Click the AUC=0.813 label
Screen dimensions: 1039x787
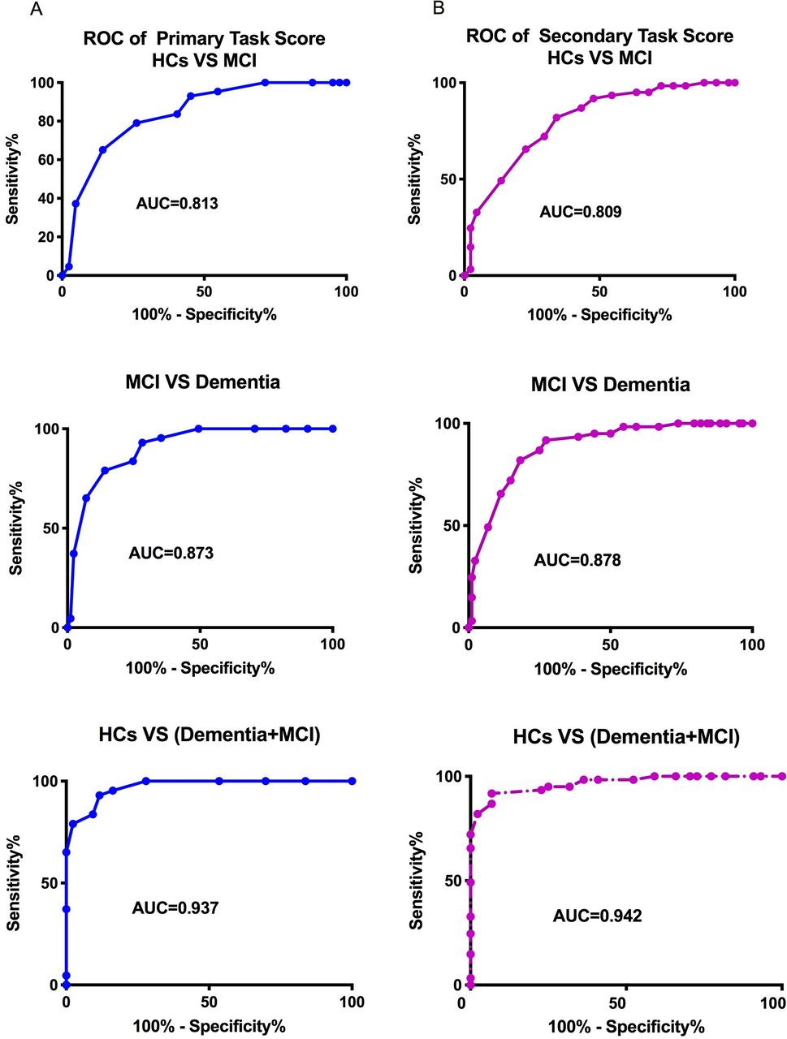point(176,203)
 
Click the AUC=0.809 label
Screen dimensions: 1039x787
point(581,212)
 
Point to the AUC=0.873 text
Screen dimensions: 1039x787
point(171,554)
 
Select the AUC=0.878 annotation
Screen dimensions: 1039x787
point(577,560)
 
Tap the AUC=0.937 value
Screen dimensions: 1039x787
point(175,908)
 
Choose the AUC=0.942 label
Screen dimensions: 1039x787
point(597,916)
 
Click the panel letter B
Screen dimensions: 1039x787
point(439,10)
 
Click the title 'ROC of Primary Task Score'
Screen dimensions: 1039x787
point(204,38)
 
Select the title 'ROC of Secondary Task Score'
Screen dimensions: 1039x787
point(599,37)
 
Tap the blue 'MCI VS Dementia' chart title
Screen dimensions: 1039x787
point(202,382)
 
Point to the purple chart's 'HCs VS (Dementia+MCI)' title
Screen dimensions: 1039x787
point(626,738)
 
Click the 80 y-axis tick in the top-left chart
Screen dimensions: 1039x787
point(45,122)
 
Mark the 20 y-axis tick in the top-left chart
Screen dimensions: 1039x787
point(45,237)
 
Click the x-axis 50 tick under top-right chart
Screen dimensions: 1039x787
point(599,292)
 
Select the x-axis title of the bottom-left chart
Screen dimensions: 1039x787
point(209,1025)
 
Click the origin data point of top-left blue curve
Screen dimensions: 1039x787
point(62,276)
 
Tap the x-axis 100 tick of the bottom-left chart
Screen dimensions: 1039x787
point(352,1002)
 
